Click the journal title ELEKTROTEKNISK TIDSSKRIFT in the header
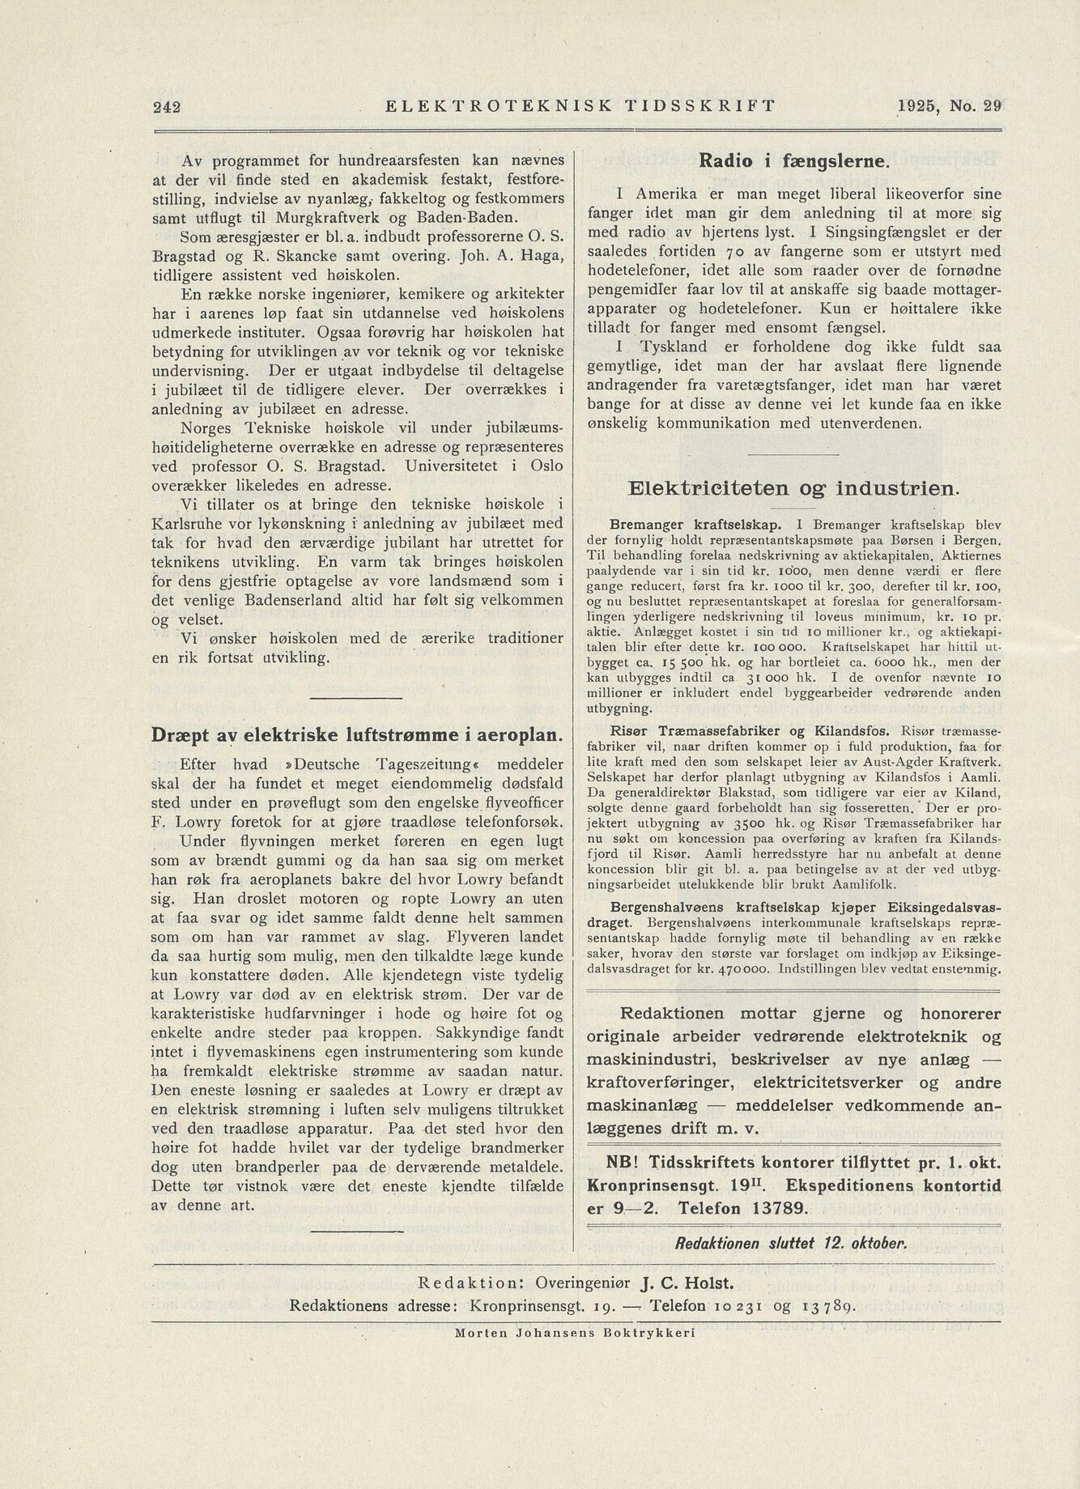[581, 105]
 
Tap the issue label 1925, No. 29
[949, 105]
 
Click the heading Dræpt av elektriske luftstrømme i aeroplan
[357, 735]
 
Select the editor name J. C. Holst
[687, 1283]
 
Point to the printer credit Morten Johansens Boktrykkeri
[575, 1332]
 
